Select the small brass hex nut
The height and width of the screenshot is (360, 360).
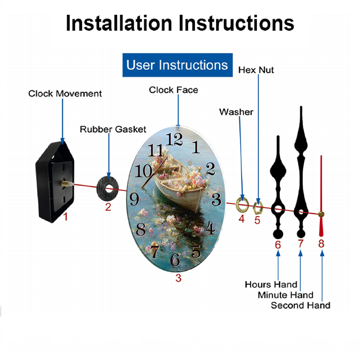[258, 208]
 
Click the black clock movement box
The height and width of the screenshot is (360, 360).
[55, 181]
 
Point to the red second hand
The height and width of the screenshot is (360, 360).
[321, 196]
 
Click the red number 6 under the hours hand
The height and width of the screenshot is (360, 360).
[278, 245]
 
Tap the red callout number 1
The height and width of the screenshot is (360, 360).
[66, 216]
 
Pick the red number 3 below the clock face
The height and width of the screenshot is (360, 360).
[179, 278]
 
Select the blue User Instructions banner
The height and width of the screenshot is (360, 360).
[177, 65]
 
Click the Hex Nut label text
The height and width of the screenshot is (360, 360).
[256, 70]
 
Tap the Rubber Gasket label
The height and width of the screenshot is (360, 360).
[113, 129]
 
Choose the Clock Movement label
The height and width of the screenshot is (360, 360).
[65, 94]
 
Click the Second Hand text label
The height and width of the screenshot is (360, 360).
[301, 305]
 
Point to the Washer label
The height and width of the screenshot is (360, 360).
[236, 112]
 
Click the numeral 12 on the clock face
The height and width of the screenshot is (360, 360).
[174, 139]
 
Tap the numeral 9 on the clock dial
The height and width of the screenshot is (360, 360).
[134, 199]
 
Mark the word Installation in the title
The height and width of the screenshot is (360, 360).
[119, 23]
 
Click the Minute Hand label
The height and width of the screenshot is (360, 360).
[285, 295]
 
